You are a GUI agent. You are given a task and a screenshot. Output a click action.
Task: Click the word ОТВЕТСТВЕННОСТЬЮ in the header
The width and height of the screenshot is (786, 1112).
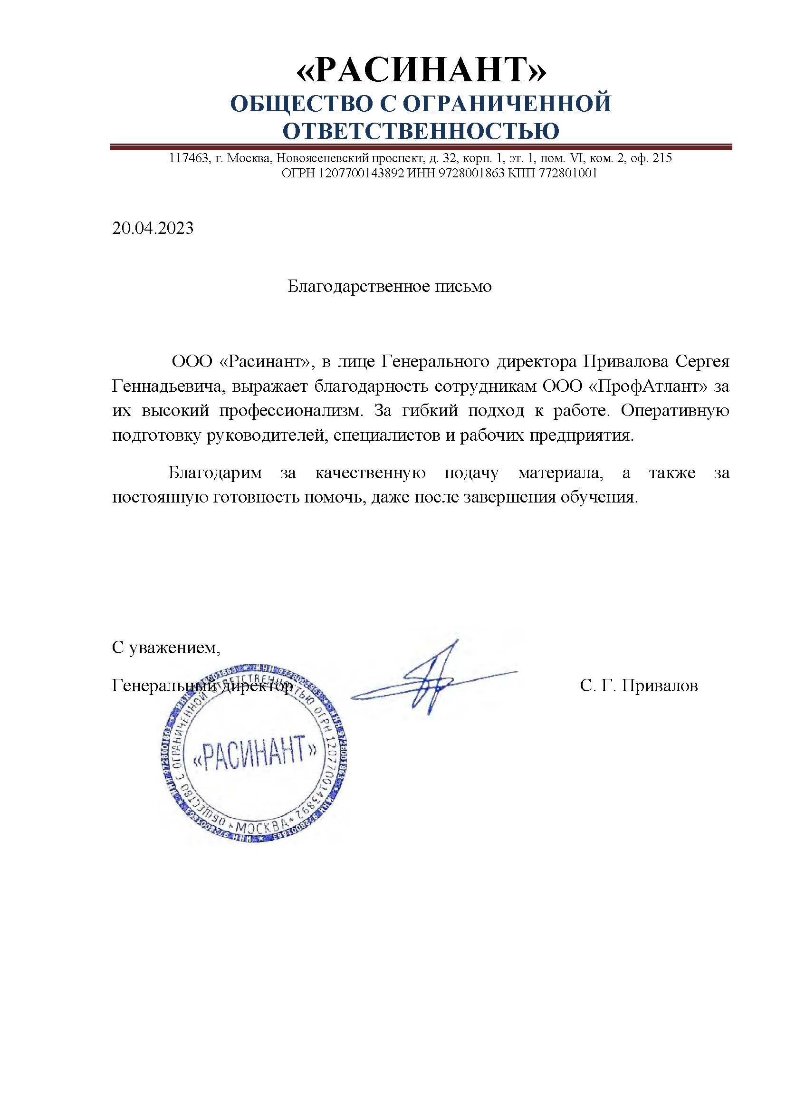[421, 131]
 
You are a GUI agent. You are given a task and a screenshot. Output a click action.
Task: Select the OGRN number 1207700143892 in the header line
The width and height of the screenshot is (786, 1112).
[361, 174]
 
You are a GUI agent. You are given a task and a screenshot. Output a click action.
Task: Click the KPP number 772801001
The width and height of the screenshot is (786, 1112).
[566, 174]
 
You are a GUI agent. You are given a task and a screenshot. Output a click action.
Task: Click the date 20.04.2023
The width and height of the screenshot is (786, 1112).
[153, 228]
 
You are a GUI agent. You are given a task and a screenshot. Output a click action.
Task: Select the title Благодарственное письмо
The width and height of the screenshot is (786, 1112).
[390, 287]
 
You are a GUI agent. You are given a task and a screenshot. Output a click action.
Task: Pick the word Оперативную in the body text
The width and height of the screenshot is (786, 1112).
[675, 411]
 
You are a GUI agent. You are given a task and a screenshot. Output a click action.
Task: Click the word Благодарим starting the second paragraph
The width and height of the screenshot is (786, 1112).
[215, 473]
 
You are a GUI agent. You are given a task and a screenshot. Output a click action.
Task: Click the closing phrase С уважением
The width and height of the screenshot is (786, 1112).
[166, 648]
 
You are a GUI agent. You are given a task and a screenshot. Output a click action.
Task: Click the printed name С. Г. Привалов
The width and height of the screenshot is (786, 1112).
[639, 686]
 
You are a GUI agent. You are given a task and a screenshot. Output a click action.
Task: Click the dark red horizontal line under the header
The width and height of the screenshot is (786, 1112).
[421, 147]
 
